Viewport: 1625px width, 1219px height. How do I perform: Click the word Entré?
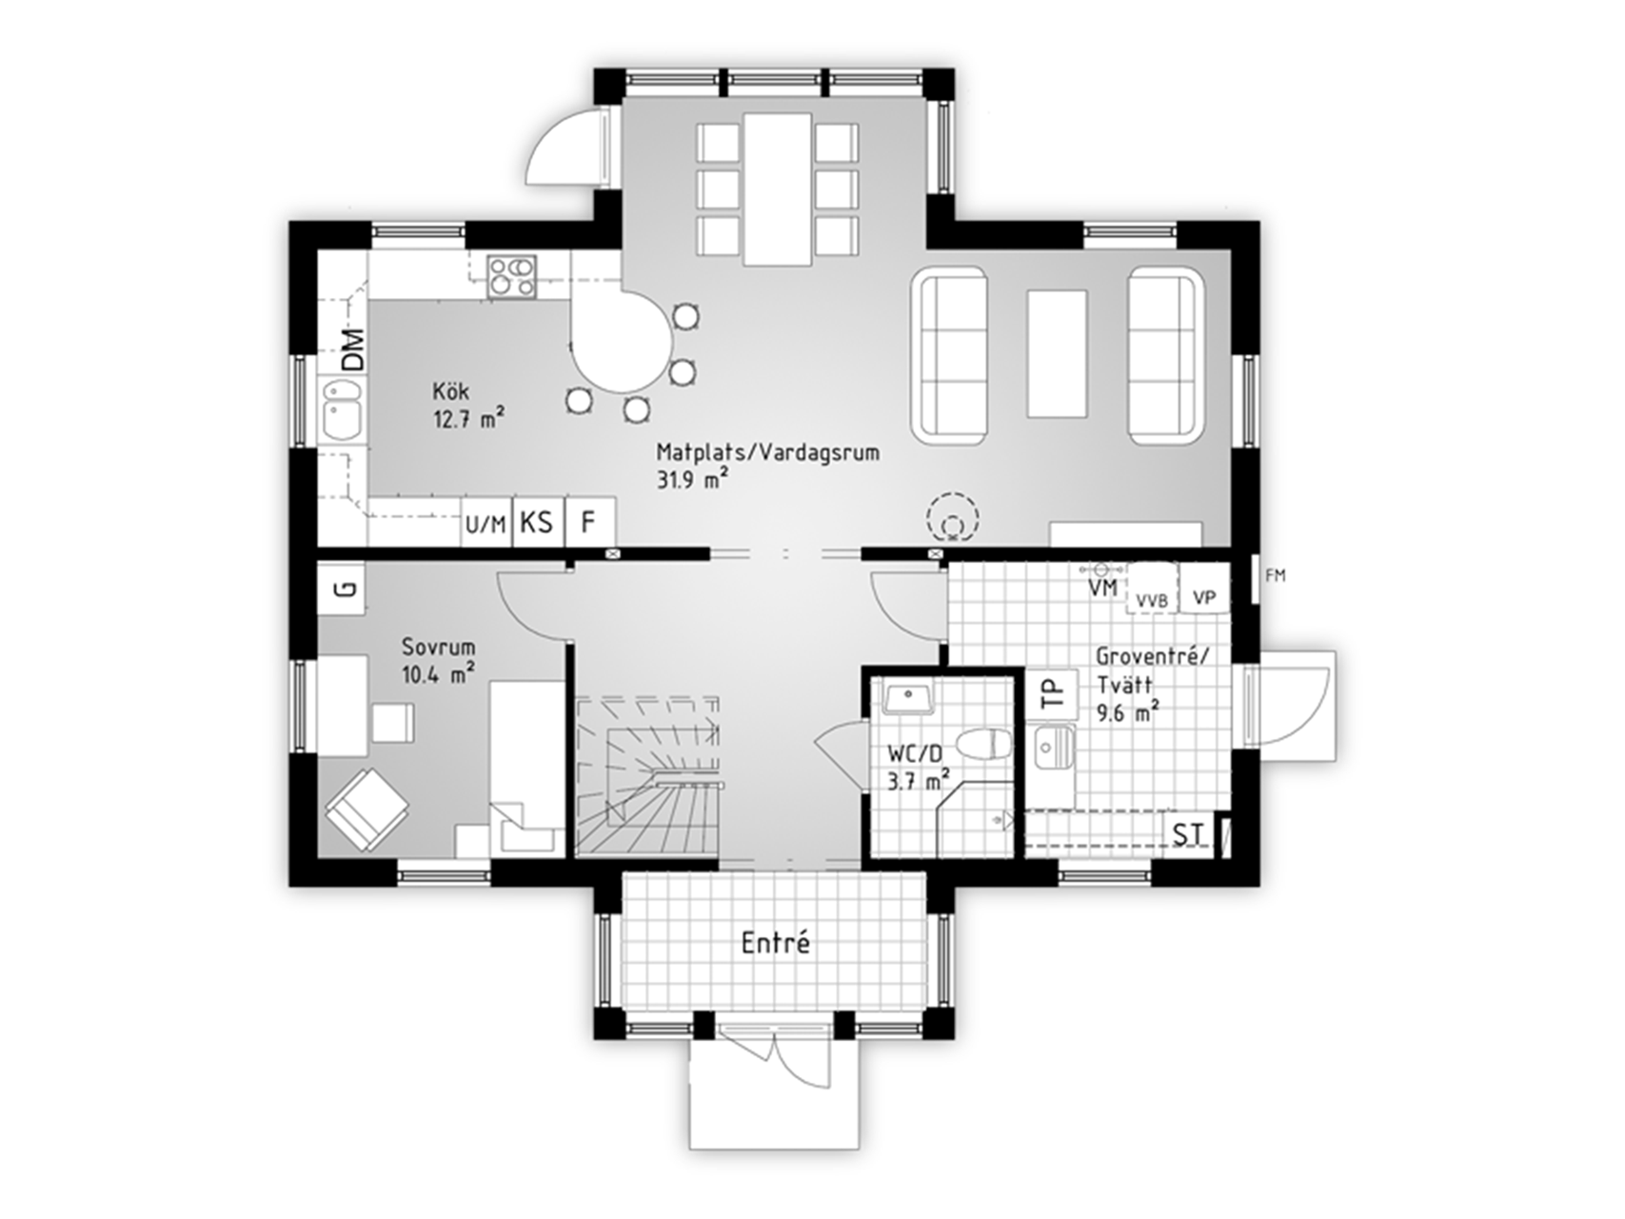(x=776, y=943)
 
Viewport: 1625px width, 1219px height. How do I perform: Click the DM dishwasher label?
(x=353, y=350)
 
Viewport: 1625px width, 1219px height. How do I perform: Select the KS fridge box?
(x=539, y=522)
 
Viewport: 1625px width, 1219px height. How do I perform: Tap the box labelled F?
(x=589, y=522)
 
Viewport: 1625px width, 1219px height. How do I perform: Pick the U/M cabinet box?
(x=486, y=522)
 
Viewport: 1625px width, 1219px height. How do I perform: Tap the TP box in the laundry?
(x=1052, y=694)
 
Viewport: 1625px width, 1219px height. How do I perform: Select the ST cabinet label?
(x=1187, y=835)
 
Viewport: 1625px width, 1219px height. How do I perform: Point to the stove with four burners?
(x=512, y=276)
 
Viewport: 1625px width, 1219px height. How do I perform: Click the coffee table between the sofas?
(x=1057, y=353)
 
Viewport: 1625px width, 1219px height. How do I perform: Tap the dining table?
(x=778, y=190)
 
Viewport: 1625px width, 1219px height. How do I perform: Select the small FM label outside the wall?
(x=1276, y=575)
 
